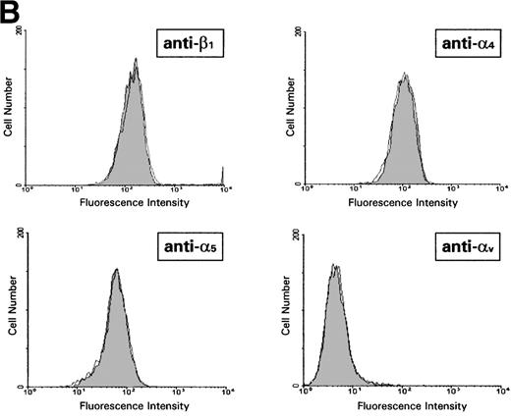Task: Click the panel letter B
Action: [x=9, y=11]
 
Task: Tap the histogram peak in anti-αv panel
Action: [x=335, y=266]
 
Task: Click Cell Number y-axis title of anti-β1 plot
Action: [x=8, y=109]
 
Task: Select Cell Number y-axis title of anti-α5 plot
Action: [x=8, y=309]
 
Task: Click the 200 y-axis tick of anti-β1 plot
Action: [x=21, y=32]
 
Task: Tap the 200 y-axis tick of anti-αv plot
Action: [x=299, y=235]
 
